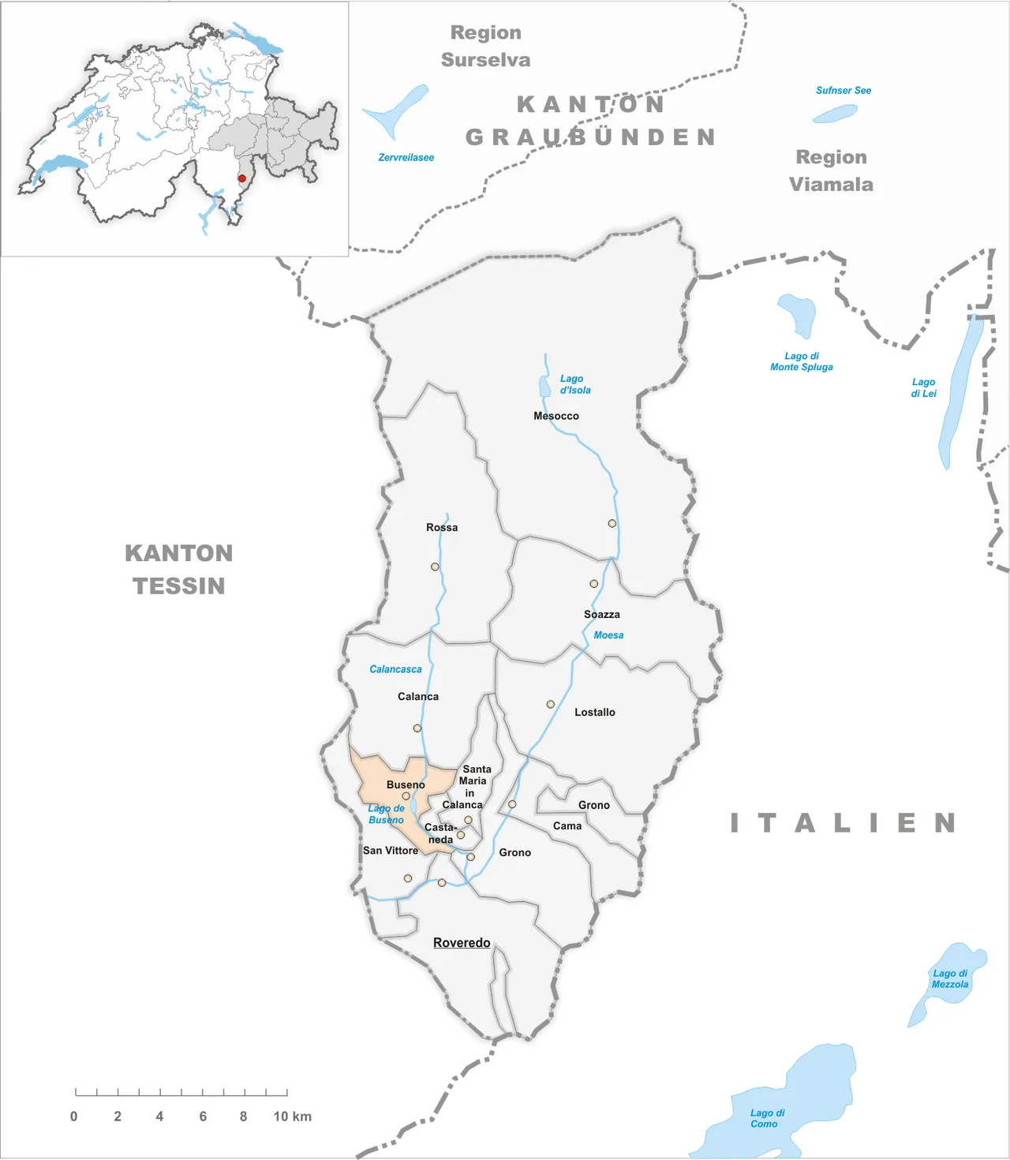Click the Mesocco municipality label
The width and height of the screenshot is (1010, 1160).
(x=555, y=416)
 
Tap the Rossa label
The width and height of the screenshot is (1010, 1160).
(x=442, y=527)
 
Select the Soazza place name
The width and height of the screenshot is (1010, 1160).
(x=601, y=614)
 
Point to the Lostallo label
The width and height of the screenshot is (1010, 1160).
(x=594, y=712)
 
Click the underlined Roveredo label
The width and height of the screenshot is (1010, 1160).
(x=462, y=942)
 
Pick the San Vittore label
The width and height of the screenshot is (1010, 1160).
(x=391, y=850)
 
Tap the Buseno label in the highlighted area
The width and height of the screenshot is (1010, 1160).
(x=406, y=784)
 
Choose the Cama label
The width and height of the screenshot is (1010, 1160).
(x=567, y=825)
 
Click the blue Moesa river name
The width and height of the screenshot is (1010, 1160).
(x=608, y=635)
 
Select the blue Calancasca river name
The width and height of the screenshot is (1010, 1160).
(x=395, y=669)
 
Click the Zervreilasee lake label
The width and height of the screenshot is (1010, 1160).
(x=406, y=157)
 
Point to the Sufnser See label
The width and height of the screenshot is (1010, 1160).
(x=844, y=91)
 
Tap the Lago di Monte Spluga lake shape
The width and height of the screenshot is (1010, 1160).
(x=797, y=314)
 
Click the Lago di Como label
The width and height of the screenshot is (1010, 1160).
(x=767, y=1118)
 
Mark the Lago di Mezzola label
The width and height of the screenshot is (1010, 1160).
(x=950, y=979)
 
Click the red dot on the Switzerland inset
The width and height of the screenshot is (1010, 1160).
(x=242, y=178)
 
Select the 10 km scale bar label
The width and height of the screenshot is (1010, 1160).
(x=292, y=1117)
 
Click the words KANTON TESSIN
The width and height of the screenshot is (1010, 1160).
(x=179, y=569)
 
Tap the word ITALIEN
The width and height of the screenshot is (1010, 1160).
(x=843, y=823)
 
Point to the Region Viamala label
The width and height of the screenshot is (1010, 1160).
(x=831, y=170)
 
